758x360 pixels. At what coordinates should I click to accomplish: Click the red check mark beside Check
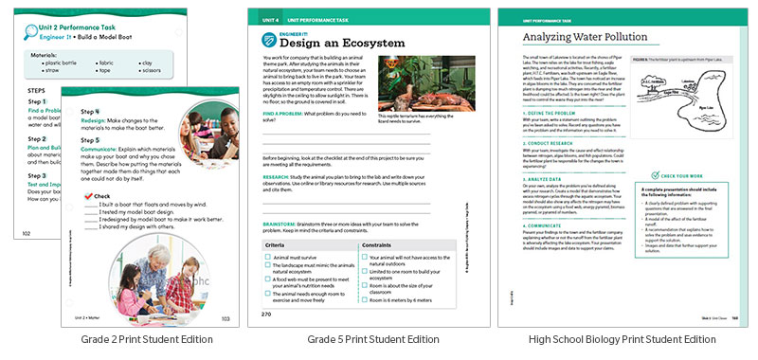pyautogui.click(x=89, y=195)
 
